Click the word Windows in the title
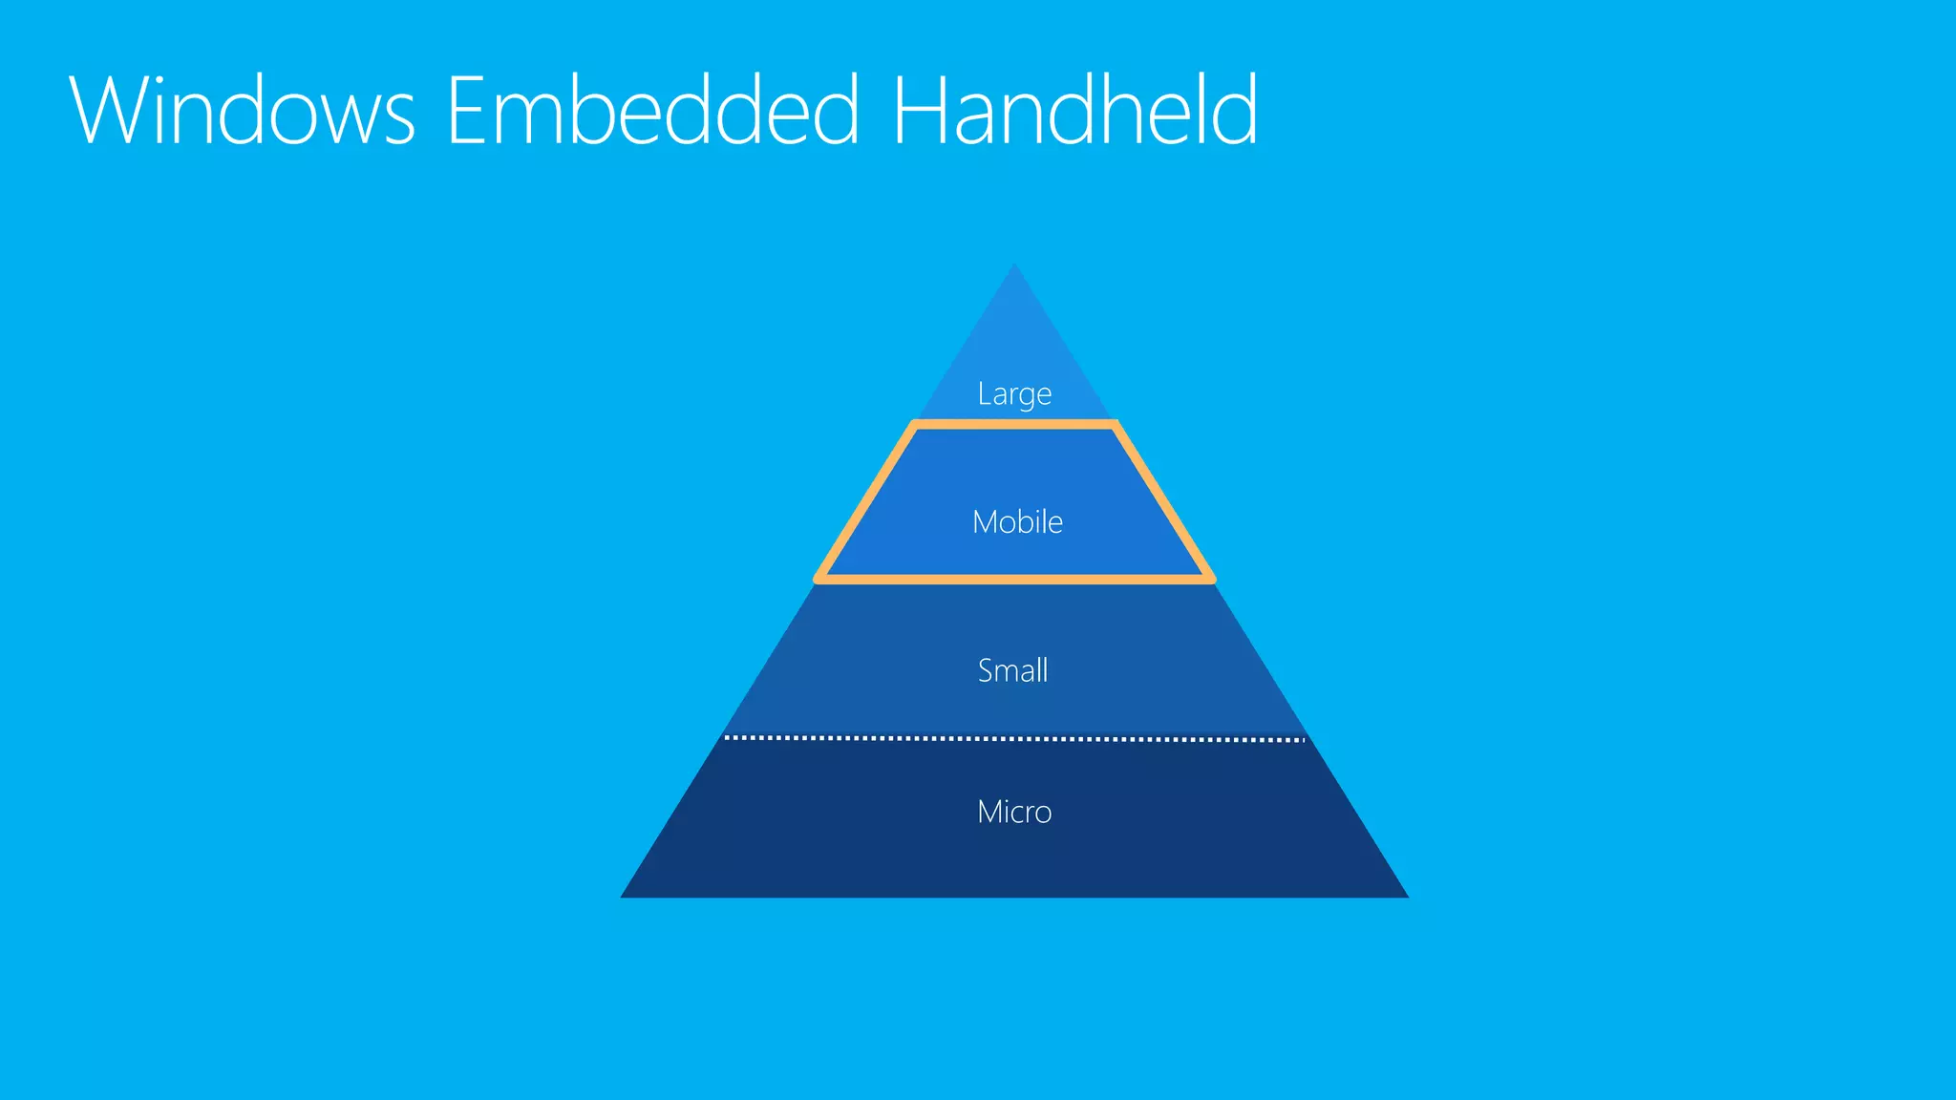tap(243, 111)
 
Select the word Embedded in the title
tap(653, 111)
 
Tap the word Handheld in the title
tap(1075, 111)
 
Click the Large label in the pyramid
tap(1014, 393)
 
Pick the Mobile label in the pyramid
tap(1017, 522)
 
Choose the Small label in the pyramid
tap(1013, 670)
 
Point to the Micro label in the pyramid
tap(1014, 812)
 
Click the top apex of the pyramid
tap(1014, 266)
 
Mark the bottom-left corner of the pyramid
tap(624, 896)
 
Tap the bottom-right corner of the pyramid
tap(1406, 896)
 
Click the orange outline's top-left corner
tap(915, 424)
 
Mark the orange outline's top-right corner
tap(1114, 424)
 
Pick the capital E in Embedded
tap(468, 111)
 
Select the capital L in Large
tap(984, 392)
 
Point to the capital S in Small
tap(986, 670)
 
